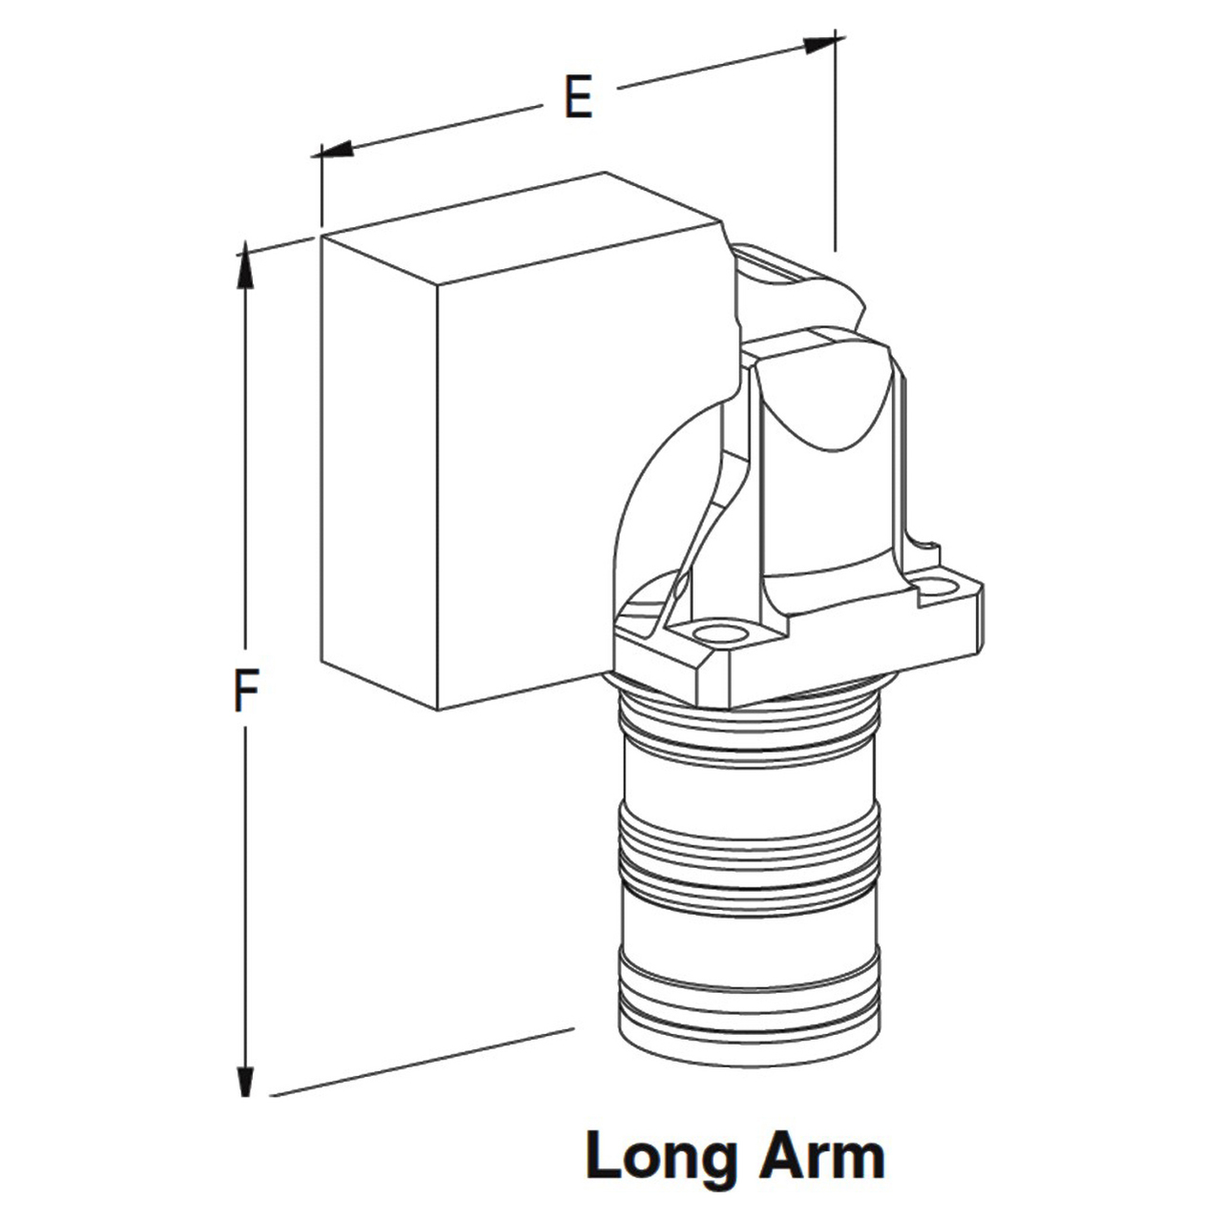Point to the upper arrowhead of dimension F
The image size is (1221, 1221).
(245, 265)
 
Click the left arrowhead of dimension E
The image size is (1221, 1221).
(336, 149)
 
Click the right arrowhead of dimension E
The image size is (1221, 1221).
(822, 44)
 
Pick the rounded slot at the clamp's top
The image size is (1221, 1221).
(770, 265)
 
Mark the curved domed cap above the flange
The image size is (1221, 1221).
(824, 399)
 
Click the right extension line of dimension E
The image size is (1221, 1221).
(836, 140)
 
